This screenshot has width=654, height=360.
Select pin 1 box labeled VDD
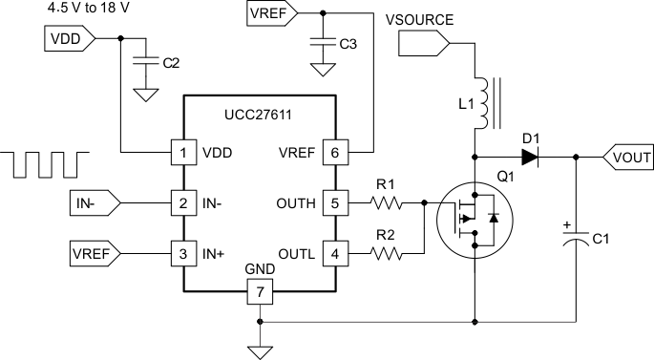pos(180,152)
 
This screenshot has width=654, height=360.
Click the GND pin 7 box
pos(258,288)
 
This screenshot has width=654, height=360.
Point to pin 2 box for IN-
pos(180,202)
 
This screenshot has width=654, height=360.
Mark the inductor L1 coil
pos(482,100)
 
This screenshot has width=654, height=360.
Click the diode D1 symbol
pos(527,157)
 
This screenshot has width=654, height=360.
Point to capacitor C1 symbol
pos(575,238)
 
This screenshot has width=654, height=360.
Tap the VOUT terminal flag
pos(626,157)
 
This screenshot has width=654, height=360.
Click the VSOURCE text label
pos(419,19)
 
